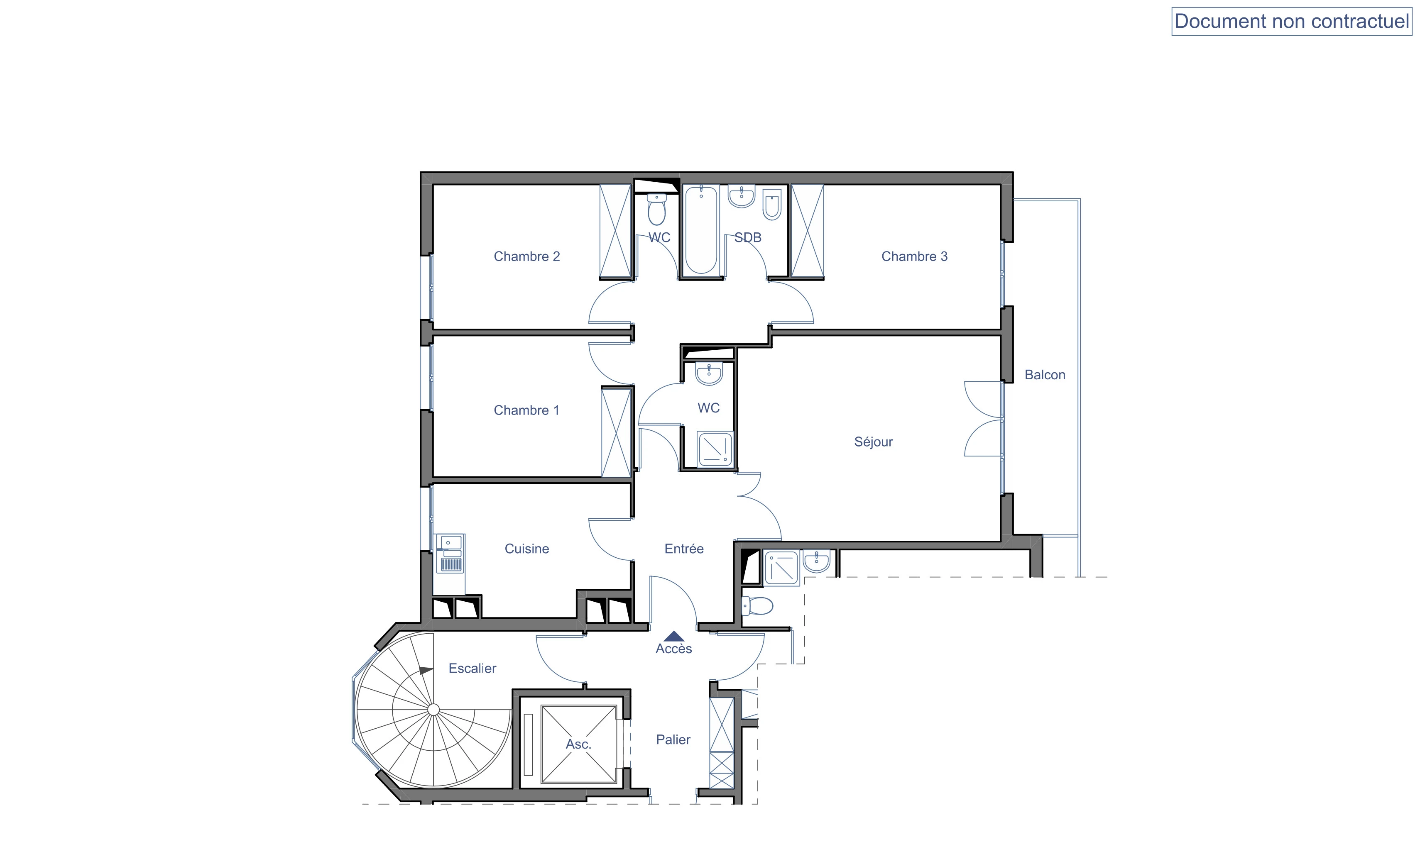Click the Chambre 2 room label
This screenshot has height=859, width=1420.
point(527,256)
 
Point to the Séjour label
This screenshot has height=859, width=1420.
point(873,442)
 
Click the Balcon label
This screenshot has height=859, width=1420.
point(1044,375)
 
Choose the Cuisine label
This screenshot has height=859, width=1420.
point(527,549)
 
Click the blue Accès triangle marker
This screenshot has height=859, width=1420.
point(674,636)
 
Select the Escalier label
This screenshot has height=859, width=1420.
point(472,668)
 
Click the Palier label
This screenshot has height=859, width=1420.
point(673,740)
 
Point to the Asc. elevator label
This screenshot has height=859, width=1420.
point(579,744)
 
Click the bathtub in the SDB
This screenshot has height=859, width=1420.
point(701,230)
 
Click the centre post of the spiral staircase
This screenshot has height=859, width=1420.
point(433,710)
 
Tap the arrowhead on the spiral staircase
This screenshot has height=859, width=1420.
point(426,671)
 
